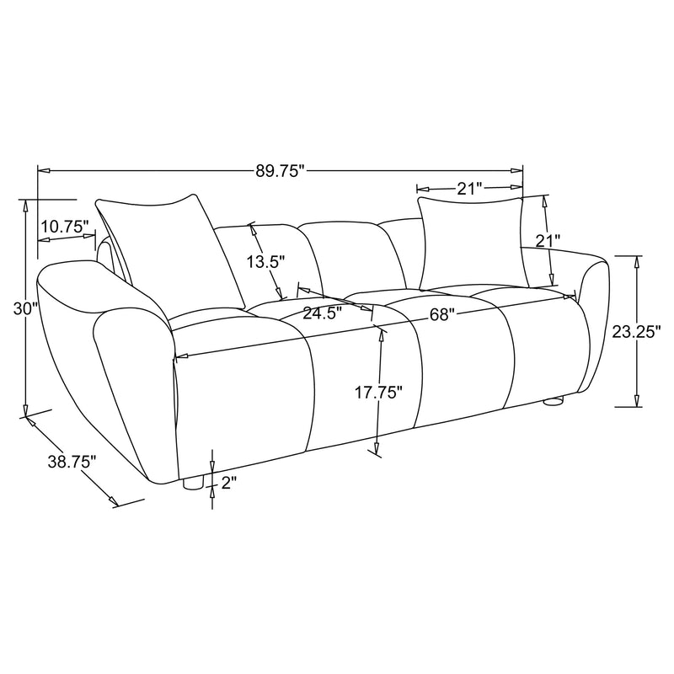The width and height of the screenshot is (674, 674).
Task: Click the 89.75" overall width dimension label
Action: point(279,171)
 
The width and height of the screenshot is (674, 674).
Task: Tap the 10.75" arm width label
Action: point(64,227)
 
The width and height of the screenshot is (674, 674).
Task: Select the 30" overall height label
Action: point(26,309)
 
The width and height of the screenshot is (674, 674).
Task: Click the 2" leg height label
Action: point(229,483)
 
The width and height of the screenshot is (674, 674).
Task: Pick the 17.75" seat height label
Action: point(378,392)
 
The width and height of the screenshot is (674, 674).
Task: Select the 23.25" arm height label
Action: point(634,332)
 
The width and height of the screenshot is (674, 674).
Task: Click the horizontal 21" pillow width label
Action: point(468,189)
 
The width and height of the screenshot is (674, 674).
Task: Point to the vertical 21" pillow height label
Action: point(548,241)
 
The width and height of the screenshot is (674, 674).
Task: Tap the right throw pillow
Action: point(472,243)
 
